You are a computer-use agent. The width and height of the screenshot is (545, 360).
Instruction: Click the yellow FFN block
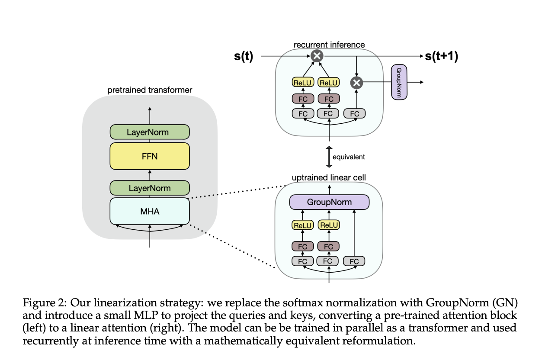[x=150, y=156]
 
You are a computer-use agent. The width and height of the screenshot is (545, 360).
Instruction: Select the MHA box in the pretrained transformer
[x=150, y=211]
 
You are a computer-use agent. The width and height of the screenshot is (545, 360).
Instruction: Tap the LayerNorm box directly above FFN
[x=150, y=132]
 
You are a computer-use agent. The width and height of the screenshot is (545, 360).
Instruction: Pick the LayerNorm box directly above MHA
[x=150, y=188]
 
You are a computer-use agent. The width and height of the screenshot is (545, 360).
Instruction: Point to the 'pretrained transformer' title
[x=150, y=90]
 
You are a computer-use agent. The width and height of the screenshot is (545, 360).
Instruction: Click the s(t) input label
[x=244, y=56]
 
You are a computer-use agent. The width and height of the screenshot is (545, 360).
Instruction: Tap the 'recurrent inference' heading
[x=329, y=45]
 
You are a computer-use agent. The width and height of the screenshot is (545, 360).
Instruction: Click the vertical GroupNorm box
[x=399, y=82]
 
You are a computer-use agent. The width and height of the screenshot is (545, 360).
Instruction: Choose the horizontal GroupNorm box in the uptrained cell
[x=329, y=202]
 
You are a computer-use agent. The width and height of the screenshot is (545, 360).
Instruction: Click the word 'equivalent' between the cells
[x=349, y=157]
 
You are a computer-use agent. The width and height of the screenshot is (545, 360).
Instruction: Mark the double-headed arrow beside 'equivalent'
[x=329, y=157]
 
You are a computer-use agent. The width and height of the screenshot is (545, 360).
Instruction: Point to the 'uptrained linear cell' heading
[x=329, y=178]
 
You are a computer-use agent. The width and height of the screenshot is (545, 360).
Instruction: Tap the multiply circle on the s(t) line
[x=317, y=56]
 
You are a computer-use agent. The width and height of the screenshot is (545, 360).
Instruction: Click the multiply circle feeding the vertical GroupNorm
[x=356, y=82]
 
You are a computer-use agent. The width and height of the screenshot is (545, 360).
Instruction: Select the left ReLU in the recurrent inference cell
[x=303, y=82]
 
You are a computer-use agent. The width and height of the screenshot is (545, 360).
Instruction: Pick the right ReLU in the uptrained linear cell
[x=329, y=225]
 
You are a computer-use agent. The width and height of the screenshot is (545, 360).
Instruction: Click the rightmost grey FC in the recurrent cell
[x=355, y=114]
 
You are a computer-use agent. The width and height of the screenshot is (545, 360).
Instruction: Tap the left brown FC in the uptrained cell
[x=303, y=247]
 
